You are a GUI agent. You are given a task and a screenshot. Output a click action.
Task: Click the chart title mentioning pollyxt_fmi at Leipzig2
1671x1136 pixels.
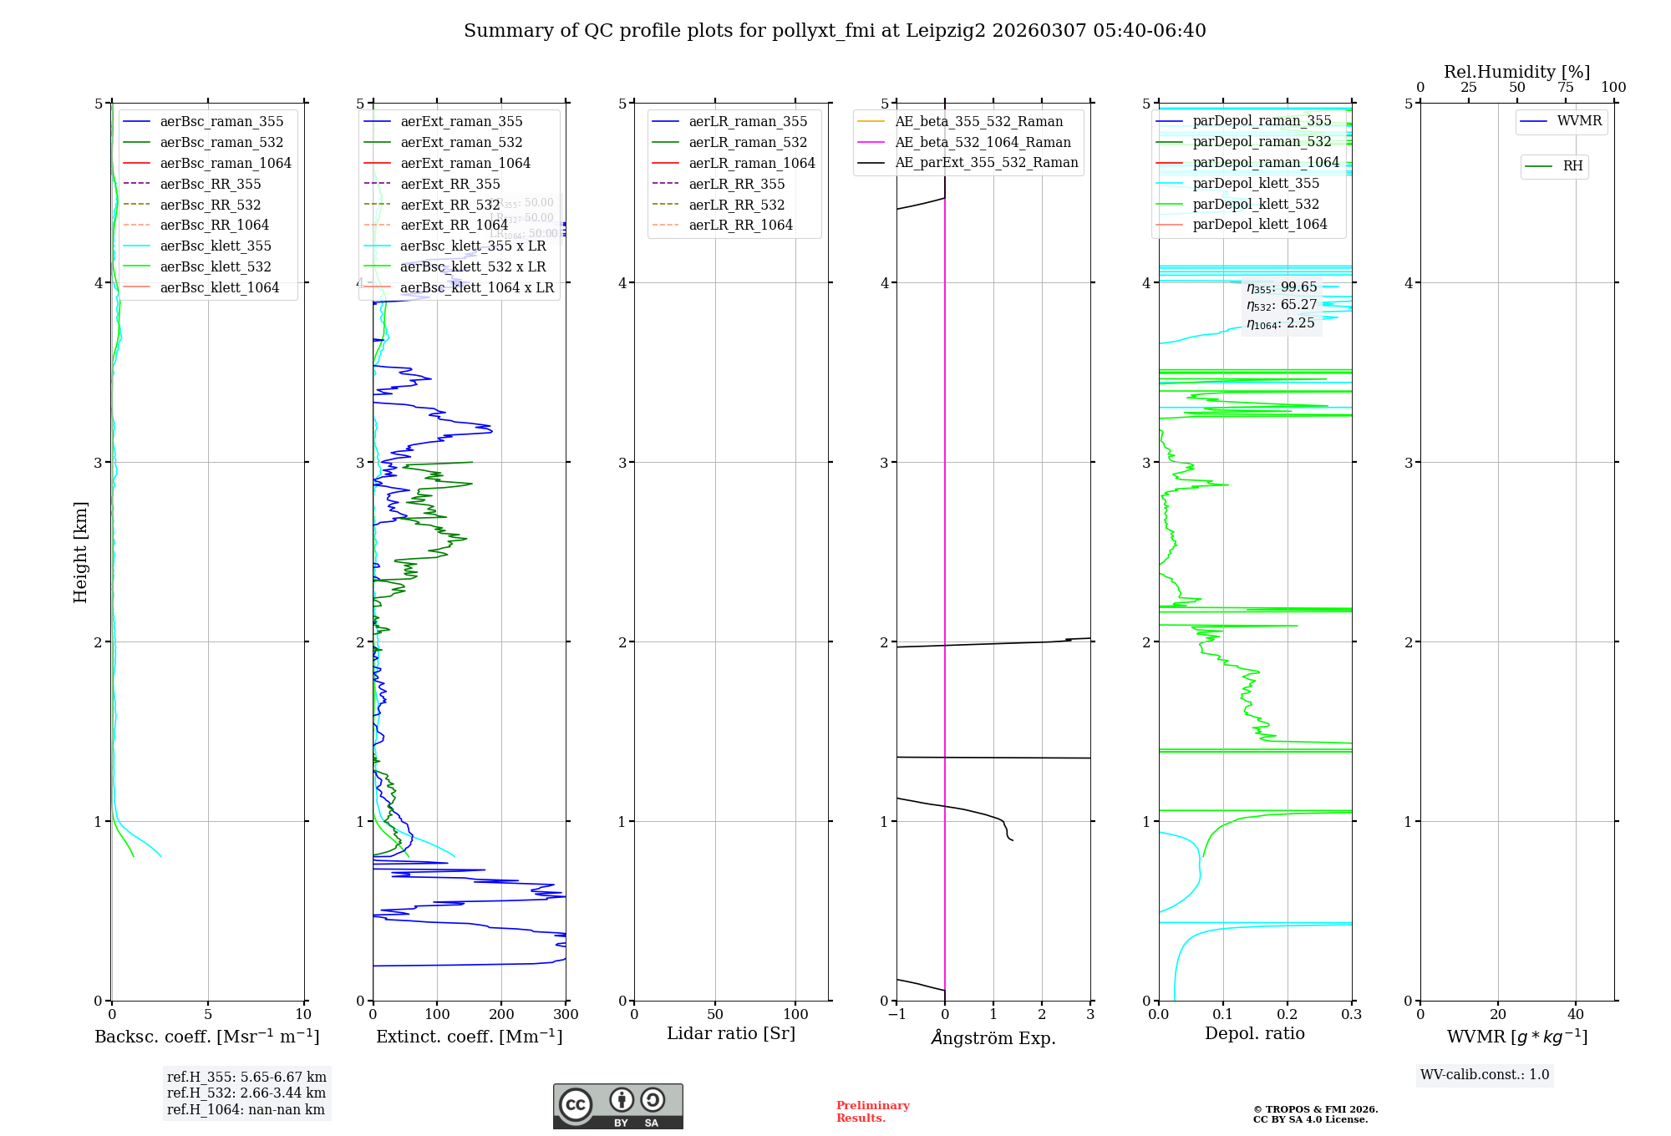(835, 31)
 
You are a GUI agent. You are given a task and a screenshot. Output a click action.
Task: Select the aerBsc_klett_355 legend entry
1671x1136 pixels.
(215, 246)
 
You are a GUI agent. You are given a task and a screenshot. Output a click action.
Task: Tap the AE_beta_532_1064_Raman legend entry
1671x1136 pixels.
(983, 142)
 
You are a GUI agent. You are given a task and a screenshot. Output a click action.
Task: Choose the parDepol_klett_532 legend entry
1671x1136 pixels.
(1256, 204)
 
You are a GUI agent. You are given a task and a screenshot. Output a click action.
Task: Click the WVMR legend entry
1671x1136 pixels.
(1579, 121)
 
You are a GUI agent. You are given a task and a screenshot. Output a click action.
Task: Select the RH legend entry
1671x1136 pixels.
(1572, 166)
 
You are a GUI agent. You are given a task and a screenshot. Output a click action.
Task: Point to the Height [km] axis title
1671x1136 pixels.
(80, 551)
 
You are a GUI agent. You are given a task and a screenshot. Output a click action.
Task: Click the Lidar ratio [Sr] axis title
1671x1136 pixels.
(731, 1034)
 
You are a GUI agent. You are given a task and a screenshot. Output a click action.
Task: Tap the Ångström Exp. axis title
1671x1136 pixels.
(993, 1037)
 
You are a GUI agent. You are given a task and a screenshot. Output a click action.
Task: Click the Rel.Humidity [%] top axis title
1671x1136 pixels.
(1516, 72)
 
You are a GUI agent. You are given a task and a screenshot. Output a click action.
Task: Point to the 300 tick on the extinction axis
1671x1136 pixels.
(566, 1014)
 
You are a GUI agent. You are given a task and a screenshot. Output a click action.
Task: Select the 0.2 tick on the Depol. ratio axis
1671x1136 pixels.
(1288, 1014)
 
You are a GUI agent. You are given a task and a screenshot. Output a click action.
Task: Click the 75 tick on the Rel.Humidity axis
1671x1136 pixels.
(1565, 87)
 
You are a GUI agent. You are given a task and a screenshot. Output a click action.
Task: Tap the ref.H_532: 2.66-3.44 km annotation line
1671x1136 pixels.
(246, 1093)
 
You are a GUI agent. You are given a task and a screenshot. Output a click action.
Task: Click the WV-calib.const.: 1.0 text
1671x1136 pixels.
(1485, 1074)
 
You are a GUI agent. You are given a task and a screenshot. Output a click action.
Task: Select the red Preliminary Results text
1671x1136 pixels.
(872, 1111)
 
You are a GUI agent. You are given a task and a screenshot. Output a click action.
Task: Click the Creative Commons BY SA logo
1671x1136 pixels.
(617, 1106)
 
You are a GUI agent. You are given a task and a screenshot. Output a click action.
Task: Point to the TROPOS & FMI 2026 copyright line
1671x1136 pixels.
(1315, 1109)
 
